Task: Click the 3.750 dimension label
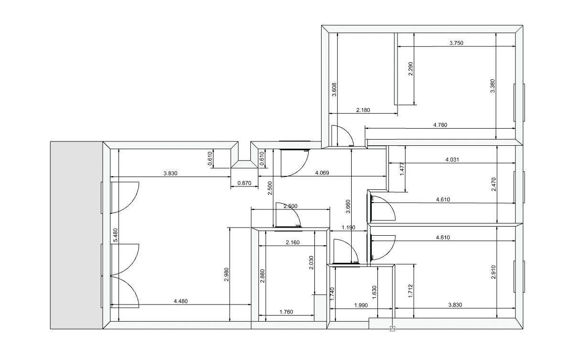tap(456, 43)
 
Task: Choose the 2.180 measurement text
tap(363, 110)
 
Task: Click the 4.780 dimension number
tap(440, 125)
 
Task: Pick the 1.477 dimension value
tap(402, 169)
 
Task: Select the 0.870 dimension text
tap(244, 182)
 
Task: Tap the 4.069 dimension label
tap(322, 173)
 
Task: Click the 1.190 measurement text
tap(348, 228)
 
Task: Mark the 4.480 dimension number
tap(181, 301)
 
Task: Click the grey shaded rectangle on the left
tap(77, 235)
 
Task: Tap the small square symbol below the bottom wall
tap(392, 328)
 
